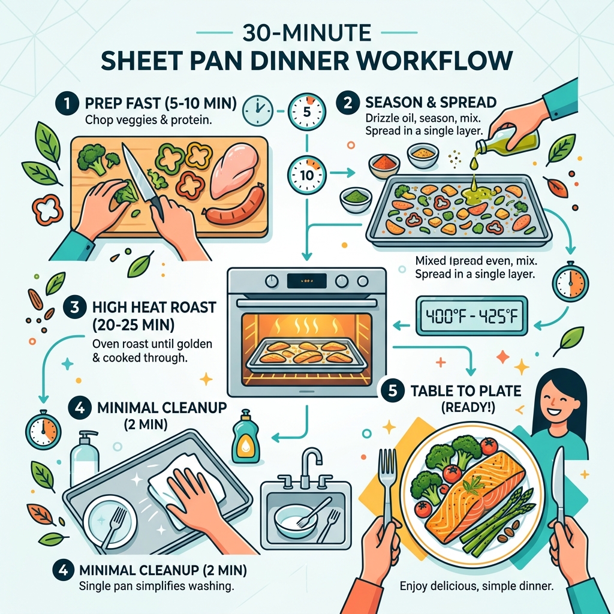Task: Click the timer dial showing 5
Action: point(306,112)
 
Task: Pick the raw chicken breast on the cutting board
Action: point(234,170)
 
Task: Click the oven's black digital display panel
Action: point(306,280)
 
